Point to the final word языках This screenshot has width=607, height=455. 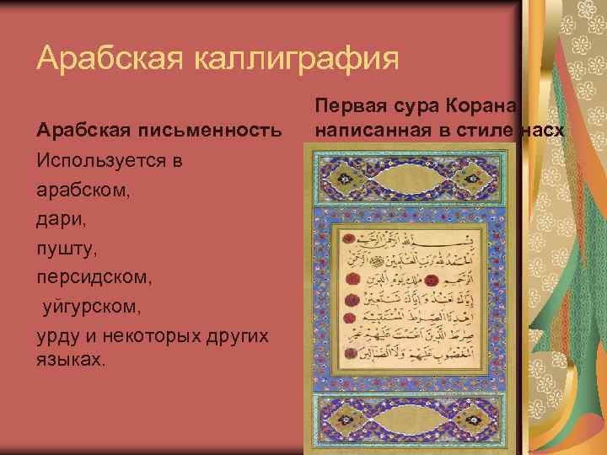[71, 360]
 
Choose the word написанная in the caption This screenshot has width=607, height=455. [365, 131]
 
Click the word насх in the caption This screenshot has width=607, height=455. [545, 131]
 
